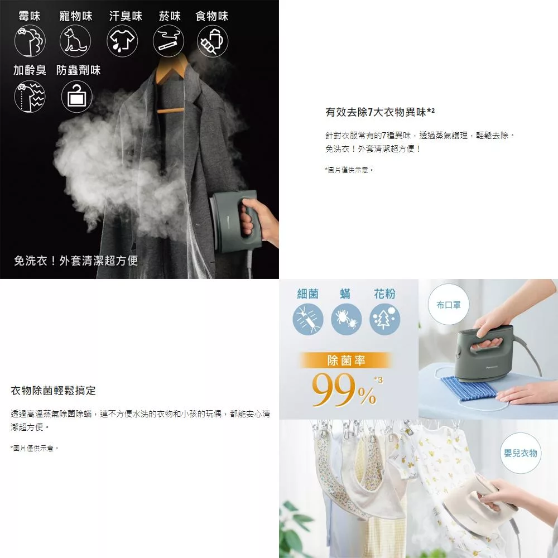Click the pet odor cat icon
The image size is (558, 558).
75,41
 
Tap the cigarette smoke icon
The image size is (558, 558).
169,41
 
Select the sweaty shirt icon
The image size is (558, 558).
122,41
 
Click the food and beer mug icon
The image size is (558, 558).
213,41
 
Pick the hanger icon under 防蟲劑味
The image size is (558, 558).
77,97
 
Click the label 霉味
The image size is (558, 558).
30,16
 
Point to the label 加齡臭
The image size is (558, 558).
30,70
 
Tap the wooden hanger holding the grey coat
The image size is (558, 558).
171,85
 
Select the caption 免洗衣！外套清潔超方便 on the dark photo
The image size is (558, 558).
76,261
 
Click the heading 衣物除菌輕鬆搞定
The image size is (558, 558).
54,391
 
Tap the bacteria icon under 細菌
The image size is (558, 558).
308,319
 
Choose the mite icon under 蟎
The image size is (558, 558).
347,319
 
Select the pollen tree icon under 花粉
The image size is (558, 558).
384,319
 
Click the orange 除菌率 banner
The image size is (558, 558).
346,360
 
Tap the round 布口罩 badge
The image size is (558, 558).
449,305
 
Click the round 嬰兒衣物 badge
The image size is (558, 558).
521,453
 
